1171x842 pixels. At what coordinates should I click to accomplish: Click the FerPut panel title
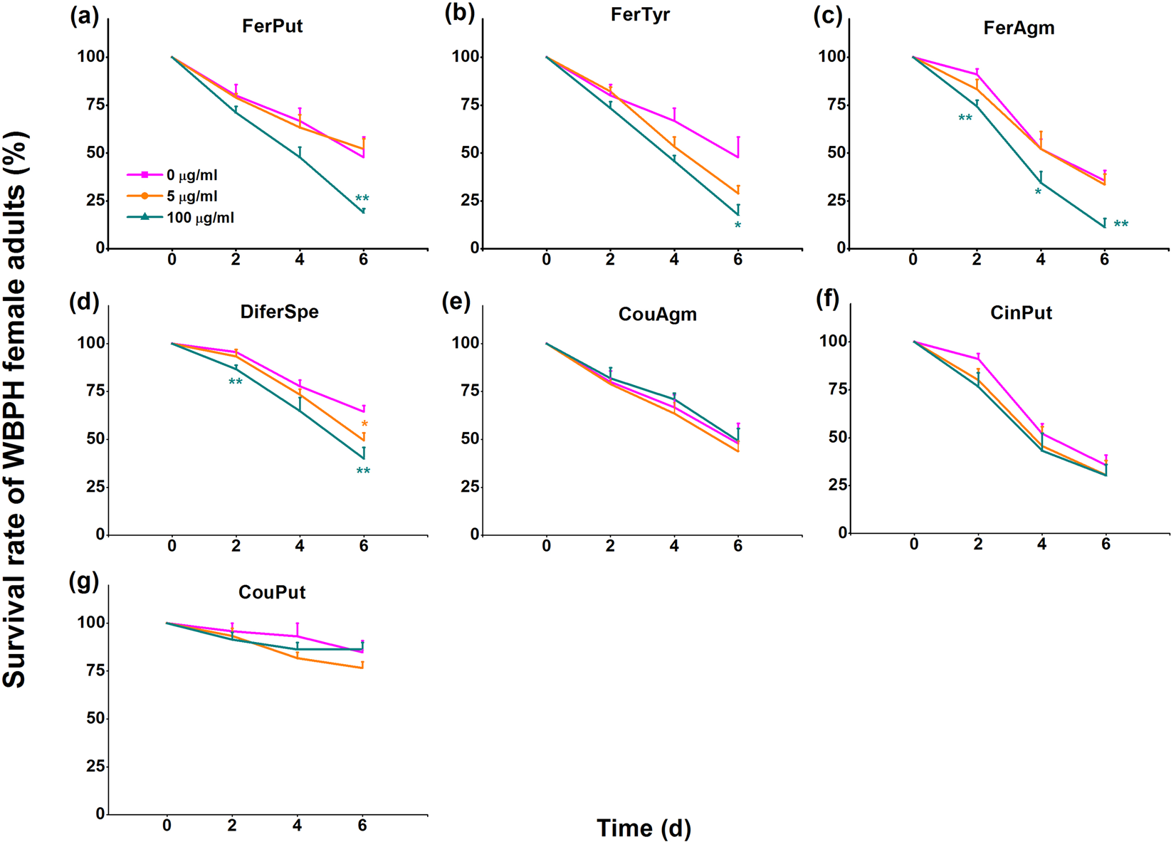click(x=272, y=26)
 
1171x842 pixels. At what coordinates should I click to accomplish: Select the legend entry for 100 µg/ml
click(x=200, y=218)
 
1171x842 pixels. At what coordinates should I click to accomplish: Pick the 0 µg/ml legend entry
click(x=191, y=175)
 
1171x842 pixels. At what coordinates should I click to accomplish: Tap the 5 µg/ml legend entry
click(x=191, y=196)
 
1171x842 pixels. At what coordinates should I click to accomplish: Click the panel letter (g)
click(x=84, y=581)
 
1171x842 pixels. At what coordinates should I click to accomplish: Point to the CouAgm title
click(x=657, y=314)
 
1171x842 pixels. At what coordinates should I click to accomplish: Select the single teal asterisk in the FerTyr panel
click(x=737, y=226)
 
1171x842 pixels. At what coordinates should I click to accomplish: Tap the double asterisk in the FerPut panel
click(x=362, y=199)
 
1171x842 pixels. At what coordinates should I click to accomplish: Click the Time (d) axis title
click(x=644, y=828)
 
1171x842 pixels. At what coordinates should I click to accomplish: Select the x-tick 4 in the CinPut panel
click(x=1041, y=544)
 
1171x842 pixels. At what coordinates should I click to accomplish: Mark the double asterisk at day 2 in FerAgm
click(x=965, y=118)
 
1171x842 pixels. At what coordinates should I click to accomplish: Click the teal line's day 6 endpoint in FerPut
click(x=364, y=212)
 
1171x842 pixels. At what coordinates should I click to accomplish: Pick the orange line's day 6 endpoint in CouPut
click(x=362, y=668)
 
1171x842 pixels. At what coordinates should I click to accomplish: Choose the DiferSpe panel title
click(x=279, y=312)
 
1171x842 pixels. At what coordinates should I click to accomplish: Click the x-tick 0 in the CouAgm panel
click(x=546, y=547)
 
